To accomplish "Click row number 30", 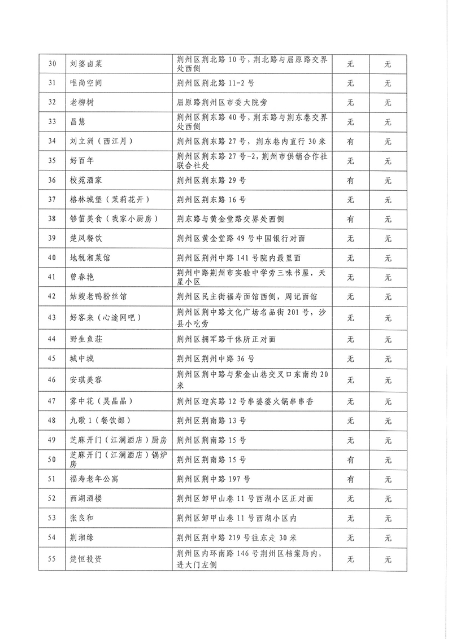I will (x=52, y=64).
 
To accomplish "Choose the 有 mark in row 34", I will (x=350, y=141).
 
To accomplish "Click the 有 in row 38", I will (x=350, y=219).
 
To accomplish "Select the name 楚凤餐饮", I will (x=85, y=239).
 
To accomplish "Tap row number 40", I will (x=52, y=258).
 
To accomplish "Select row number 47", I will (x=52, y=401).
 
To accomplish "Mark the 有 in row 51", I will (x=350, y=479).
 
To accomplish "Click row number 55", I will (x=52, y=560).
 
